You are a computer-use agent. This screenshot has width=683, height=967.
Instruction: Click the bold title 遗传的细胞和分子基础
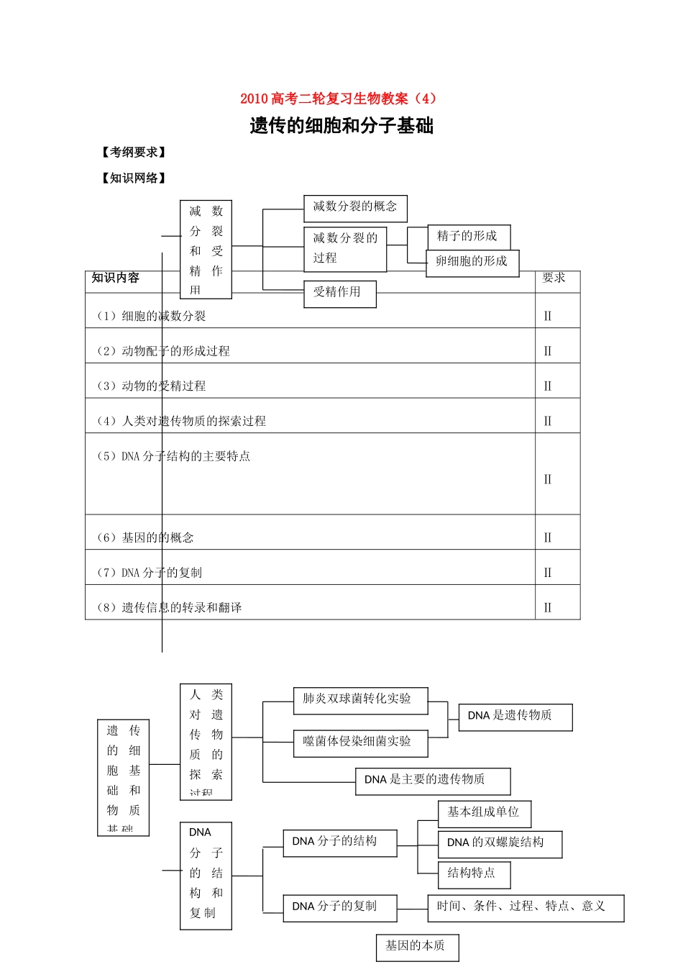point(341,126)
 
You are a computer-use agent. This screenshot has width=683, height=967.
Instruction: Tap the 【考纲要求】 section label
point(134,153)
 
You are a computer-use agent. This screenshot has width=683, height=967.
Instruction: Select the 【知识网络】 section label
point(134,178)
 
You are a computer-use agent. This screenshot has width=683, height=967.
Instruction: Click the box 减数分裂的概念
point(355,207)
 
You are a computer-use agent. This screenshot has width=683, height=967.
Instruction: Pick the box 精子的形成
point(468,236)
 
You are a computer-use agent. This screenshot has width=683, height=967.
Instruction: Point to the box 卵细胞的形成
point(472,261)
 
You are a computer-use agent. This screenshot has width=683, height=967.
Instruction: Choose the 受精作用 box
point(339,293)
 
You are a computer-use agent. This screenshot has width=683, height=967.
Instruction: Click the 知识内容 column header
point(116,278)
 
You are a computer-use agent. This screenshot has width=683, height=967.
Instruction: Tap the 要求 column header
point(554,278)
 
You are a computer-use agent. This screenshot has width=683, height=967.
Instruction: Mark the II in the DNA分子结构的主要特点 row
point(548,479)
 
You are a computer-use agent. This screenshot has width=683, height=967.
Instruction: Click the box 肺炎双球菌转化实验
point(359,699)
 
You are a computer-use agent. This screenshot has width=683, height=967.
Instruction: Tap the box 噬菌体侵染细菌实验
point(359,742)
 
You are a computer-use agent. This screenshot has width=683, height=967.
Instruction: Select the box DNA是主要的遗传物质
point(432,780)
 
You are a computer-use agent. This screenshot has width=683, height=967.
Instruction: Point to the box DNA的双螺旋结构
point(499,843)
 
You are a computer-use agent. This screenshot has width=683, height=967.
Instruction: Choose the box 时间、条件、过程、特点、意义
point(525,907)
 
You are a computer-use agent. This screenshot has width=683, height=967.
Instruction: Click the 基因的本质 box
point(417,946)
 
